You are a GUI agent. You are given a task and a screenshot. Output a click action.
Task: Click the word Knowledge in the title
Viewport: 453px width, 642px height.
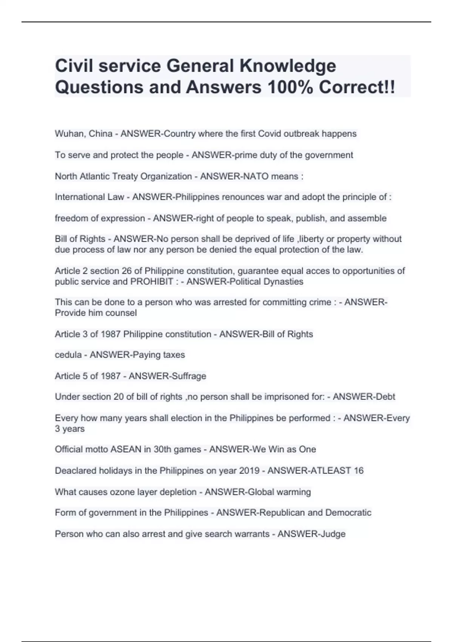[288, 66]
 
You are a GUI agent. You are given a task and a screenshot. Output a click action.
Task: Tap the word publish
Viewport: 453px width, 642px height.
[307, 219]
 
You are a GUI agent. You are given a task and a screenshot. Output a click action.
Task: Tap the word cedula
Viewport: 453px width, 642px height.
[68, 355]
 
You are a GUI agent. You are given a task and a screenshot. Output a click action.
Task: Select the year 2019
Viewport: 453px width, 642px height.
[248, 471]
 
